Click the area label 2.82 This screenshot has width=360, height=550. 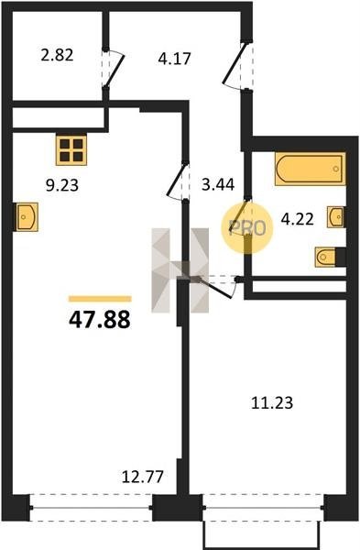pyautogui.click(x=57, y=55)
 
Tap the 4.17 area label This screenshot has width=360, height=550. pyautogui.click(x=174, y=59)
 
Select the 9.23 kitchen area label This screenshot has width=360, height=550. pyautogui.click(x=62, y=185)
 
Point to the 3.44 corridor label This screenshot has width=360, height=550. pyautogui.click(x=218, y=184)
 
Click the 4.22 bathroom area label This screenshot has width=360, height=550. pyautogui.click(x=298, y=219)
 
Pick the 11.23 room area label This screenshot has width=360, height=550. pyautogui.click(x=272, y=402)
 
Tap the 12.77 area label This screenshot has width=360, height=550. pyautogui.click(x=143, y=477)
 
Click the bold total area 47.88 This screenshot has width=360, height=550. pyautogui.click(x=100, y=320)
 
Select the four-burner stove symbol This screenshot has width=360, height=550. pyautogui.click(x=71, y=149)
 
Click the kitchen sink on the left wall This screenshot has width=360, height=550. pyautogui.click(x=27, y=216)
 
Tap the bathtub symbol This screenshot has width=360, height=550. pyautogui.click(x=311, y=169)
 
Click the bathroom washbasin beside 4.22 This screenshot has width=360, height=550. pyautogui.click(x=335, y=217)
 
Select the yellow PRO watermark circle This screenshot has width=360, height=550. pyautogui.click(x=247, y=227)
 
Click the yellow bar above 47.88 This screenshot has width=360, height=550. pyautogui.click(x=100, y=299)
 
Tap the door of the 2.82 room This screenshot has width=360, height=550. pyautogui.click(x=115, y=68)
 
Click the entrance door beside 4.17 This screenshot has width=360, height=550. pyautogui.click(x=236, y=66)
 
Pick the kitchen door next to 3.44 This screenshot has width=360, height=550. pyautogui.click(x=178, y=181)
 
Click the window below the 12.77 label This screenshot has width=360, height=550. pyautogui.click(x=91, y=507)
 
